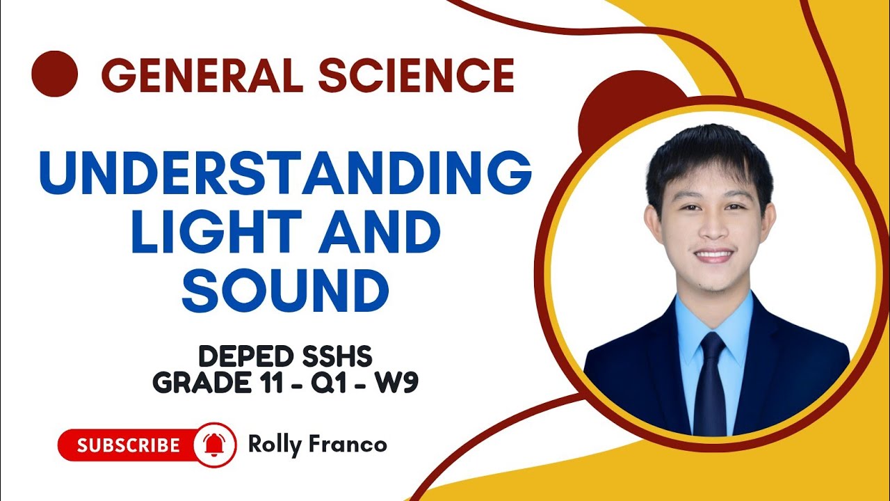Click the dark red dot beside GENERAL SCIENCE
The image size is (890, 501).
54,74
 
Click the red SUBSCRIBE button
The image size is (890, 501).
129,445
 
